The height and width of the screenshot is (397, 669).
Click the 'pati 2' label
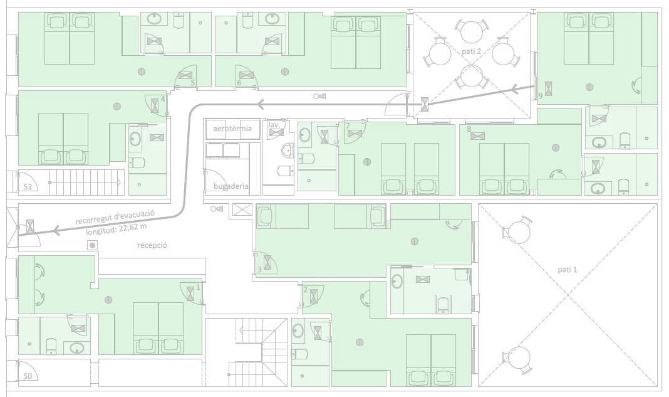pyautogui.click(x=471, y=51)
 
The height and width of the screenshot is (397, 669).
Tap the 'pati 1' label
pyautogui.click(x=568, y=270)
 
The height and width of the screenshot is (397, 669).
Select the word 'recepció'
pyautogui.click(x=152, y=245)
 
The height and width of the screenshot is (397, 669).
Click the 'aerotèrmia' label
pyautogui.click(x=232, y=129)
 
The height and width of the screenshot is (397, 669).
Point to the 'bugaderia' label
pyautogui.click(x=231, y=186)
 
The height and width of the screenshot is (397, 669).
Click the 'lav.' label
pyautogui.click(x=274, y=125)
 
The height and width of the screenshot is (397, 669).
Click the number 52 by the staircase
pyautogui.click(x=28, y=186)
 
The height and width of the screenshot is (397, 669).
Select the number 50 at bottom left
pyautogui.click(x=28, y=376)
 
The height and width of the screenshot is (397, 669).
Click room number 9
pyautogui.click(x=540, y=96)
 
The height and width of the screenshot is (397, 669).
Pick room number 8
pyautogui.click(x=469, y=129)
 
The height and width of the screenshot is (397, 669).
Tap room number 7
pyautogui.click(x=348, y=126)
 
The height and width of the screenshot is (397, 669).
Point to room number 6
pyautogui.click(x=239, y=82)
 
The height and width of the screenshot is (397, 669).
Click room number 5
pyautogui.click(x=192, y=82)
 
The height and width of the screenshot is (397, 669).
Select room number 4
pyautogui.click(x=163, y=99)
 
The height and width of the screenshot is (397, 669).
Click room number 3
pyautogui.click(x=259, y=270)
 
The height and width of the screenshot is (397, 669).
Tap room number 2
pyautogui.click(x=305, y=290)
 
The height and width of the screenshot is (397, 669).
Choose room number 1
pyautogui.click(x=199, y=287)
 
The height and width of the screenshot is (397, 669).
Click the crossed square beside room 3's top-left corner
pyautogui.click(x=242, y=209)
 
